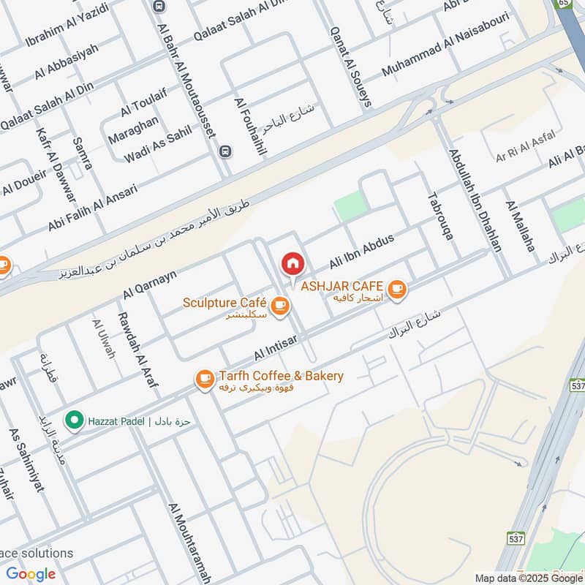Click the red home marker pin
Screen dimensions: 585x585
pyautogui.click(x=292, y=264)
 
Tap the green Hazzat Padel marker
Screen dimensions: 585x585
pyautogui.click(x=73, y=420)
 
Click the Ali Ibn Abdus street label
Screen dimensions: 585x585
pyautogui.click(x=361, y=252)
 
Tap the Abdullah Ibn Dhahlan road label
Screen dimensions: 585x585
pyautogui.click(x=476, y=201)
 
